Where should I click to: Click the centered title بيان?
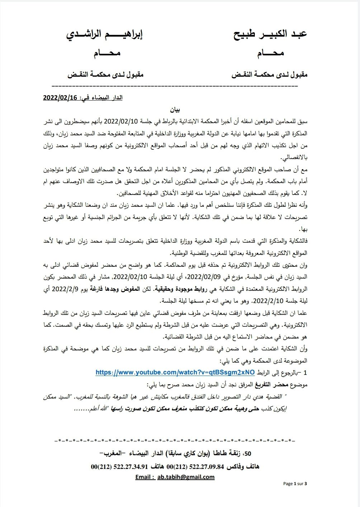[x=175, y=110]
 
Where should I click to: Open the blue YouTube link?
[x=175, y=372]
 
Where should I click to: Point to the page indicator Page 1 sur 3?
[x=295, y=483]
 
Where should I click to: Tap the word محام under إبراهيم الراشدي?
[x=107, y=54]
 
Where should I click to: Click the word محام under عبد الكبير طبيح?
[x=270, y=54]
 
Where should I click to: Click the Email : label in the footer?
[x=145, y=477]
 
